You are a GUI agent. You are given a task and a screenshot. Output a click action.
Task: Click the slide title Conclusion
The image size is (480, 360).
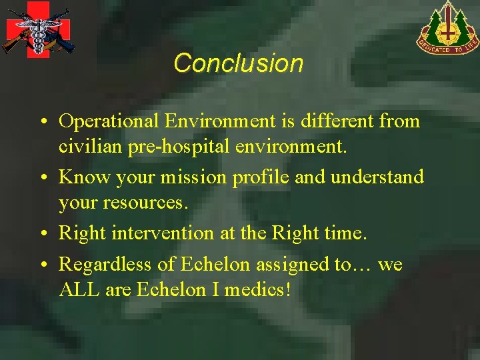tap(239, 63)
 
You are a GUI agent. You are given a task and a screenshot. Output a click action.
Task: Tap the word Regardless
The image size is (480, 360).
tap(107, 265)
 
